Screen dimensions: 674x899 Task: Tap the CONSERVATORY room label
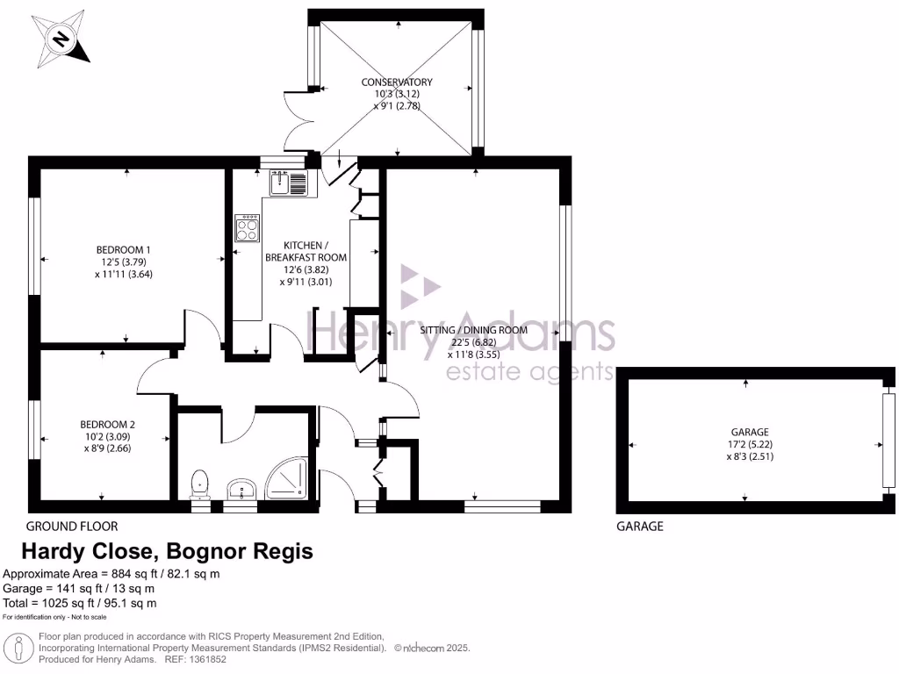[397, 82]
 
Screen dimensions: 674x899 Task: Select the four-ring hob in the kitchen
[247, 228]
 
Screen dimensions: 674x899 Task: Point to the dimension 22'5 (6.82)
[474, 343]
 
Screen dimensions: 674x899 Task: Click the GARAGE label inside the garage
[750, 432]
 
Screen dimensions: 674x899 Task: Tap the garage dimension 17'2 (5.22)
[750, 444]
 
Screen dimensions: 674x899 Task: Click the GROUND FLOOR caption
[72, 527]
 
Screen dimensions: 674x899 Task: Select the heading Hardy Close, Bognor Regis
[166, 552]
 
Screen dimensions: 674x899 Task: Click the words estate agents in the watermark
[529, 372]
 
